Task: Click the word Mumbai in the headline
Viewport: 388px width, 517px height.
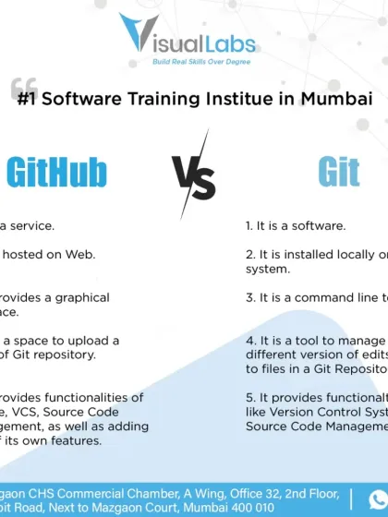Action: click(x=342, y=99)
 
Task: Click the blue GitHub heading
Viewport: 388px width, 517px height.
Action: click(x=57, y=172)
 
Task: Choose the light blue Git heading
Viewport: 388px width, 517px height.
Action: click(x=338, y=172)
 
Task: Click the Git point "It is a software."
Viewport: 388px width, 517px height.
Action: click(x=296, y=225)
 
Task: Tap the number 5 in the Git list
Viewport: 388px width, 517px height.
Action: click(x=249, y=397)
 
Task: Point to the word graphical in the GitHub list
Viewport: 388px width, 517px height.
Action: click(x=79, y=298)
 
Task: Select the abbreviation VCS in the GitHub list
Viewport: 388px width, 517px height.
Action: click(x=46, y=412)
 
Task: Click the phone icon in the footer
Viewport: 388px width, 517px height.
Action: click(x=378, y=499)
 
